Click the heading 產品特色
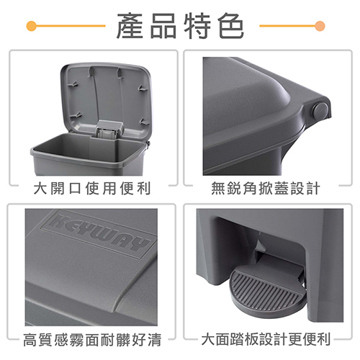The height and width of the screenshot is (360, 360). [x=180, y=26]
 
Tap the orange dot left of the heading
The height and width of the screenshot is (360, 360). [x=32, y=26]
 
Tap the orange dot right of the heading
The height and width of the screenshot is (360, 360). [x=320, y=26]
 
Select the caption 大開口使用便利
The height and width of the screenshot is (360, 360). [x=92, y=188]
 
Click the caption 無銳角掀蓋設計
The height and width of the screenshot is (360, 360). [x=266, y=188]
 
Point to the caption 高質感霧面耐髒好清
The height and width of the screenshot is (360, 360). [x=92, y=340]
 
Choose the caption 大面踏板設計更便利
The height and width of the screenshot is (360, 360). [x=266, y=339]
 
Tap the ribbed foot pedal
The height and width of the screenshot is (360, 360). [x=265, y=290]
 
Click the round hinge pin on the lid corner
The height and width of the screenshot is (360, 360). [x=320, y=110]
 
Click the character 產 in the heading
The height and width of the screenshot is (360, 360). [x=130, y=26]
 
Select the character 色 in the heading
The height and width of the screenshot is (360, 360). [x=231, y=26]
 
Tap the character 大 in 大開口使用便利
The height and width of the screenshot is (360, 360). [x=40, y=188]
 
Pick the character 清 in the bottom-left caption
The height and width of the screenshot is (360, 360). [x=155, y=340]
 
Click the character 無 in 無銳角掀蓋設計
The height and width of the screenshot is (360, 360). [x=218, y=188]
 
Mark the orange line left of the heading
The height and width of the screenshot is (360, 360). [x=71, y=26]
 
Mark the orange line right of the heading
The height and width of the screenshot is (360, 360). [x=287, y=26]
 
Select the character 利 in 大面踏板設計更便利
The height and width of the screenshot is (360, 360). [x=324, y=339]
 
